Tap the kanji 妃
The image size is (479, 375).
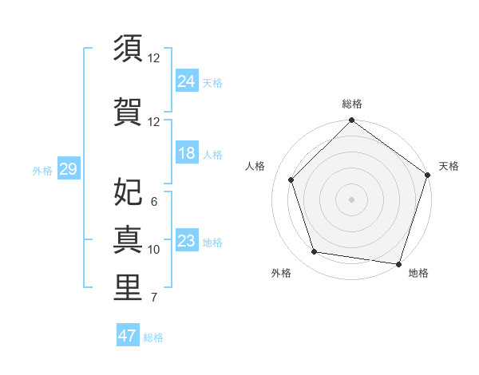pos(128,191)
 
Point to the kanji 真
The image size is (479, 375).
pos(128,239)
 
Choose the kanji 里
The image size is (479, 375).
pos(128,286)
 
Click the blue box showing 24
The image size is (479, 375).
pos(187,81)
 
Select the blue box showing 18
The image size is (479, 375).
pos(187,153)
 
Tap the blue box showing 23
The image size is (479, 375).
pos(187,241)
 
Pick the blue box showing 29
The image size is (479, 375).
pos(68,169)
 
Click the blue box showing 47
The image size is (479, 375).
pos(128,336)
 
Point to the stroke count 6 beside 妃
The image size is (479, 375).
pos(154,202)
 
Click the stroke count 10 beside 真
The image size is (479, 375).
pos(154,250)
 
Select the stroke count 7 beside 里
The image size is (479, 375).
pos(154,298)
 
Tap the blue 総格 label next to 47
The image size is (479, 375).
pos(153,337)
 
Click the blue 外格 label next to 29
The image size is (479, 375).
pos(42,170)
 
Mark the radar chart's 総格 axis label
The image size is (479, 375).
pos(352,104)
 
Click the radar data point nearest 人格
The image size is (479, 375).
pos(291,180)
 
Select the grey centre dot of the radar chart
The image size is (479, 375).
pos(352,199)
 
